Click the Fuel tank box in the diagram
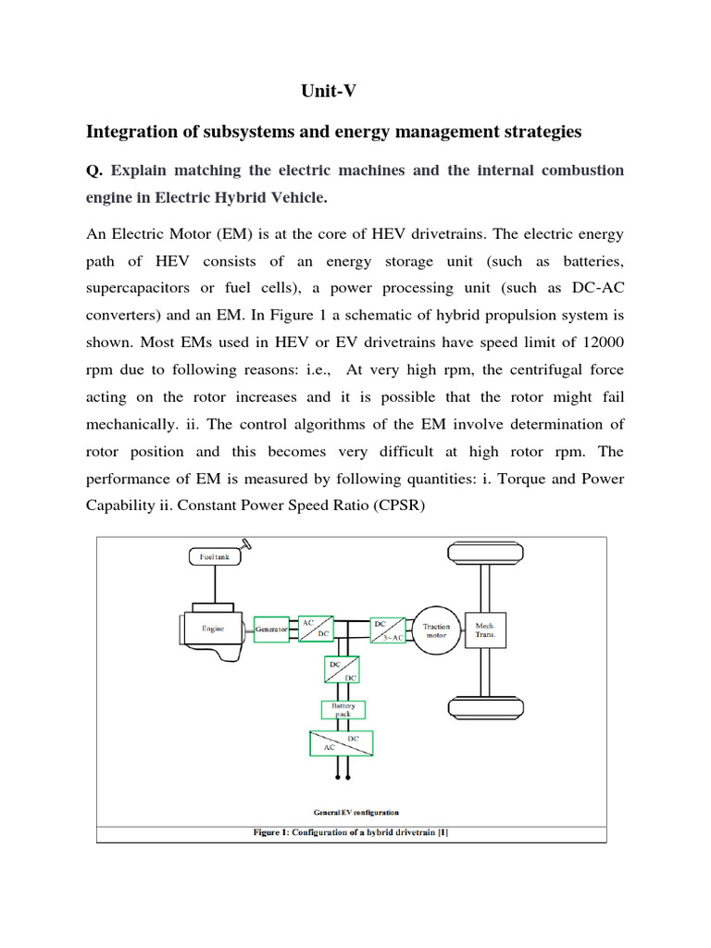[x=214, y=557]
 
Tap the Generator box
[x=271, y=628]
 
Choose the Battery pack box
[x=343, y=710]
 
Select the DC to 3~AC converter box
[x=387, y=630]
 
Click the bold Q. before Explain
[x=94, y=170]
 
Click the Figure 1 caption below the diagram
[x=351, y=832]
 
